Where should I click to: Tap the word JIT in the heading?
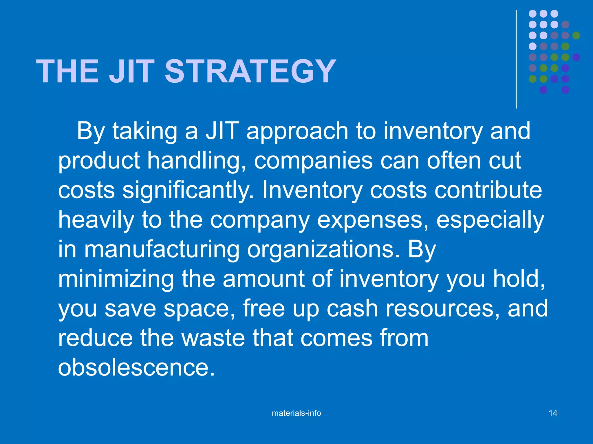(132, 71)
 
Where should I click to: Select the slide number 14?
(553, 413)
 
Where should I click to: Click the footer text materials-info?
(296, 413)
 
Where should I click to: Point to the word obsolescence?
(136, 368)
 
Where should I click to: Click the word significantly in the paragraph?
(188, 191)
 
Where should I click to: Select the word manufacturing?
(162, 250)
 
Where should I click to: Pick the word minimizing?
(116, 279)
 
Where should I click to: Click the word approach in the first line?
(297, 132)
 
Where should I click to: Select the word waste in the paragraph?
(213, 338)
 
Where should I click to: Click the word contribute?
(488, 191)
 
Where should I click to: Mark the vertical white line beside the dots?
(516, 59)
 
